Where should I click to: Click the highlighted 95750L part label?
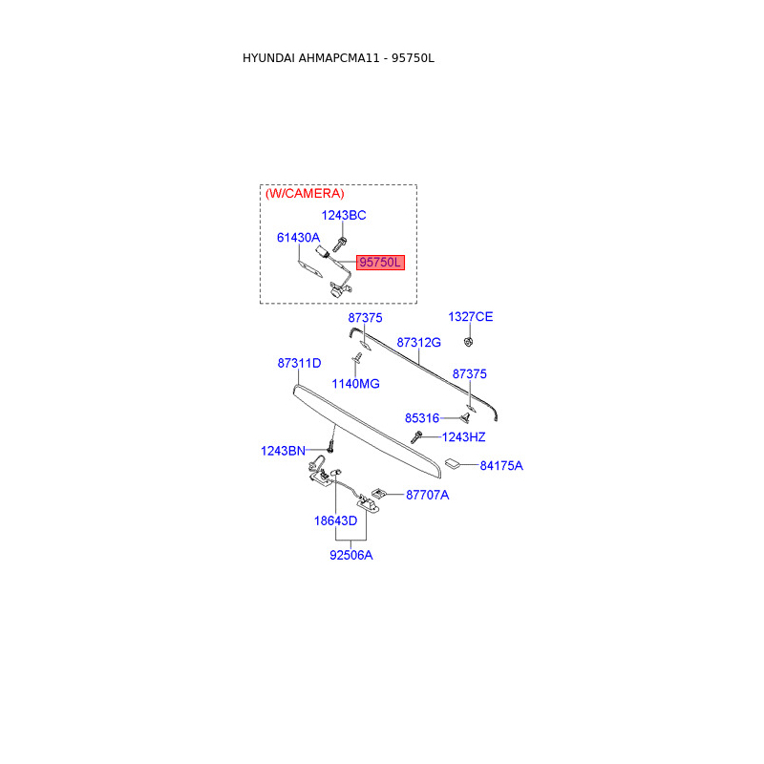[381, 262]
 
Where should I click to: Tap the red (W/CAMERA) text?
[305, 194]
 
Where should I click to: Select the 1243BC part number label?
[343, 216]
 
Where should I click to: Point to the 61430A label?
[298, 238]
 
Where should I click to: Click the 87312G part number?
[418, 342]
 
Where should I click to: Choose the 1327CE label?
[471, 317]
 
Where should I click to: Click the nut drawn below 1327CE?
[469, 341]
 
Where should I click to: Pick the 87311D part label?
[299, 364]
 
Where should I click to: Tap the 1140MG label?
[355, 384]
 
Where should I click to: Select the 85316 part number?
[421, 418]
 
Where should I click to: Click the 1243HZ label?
[463, 437]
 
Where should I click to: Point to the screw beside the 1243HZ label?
[417, 437]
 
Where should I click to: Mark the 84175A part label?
[501, 466]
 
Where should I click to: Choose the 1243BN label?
[283, 451]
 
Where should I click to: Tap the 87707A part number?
[427, 495]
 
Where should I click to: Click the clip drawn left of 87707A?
[379, 494]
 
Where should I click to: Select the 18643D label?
[335, 521]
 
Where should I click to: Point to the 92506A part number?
[351, 555]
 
